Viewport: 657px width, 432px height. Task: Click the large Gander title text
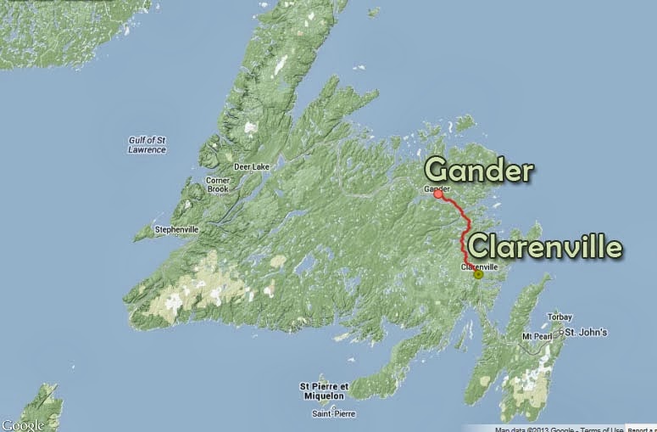(x=479, y=170)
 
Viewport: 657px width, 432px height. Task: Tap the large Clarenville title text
(x=545, y=247)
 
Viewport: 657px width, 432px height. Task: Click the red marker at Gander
(x=438, y=194)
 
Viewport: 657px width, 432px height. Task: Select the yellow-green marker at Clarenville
(x=478, y=274)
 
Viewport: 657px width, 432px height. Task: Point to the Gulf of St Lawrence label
(x=142, y=144)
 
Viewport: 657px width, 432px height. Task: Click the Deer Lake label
(x=252, y=167)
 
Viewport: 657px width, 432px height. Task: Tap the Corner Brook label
(x=218, y=185)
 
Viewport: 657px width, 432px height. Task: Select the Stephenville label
(x=176, y=229)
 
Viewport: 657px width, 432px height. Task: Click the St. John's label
(x=587, y=332)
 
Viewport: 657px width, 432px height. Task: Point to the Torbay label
(x=560, y=317)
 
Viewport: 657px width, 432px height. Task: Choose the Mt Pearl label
(x=537, y=337)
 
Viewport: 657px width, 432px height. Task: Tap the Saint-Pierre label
(x=333, y=413)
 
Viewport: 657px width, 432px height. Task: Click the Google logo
(x=22, y=424)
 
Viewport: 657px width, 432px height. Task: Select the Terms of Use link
(x=599, y=429)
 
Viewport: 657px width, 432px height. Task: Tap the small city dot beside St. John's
(x=561, y=332)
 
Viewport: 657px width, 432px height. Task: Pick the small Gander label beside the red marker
(x=436, y=188)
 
